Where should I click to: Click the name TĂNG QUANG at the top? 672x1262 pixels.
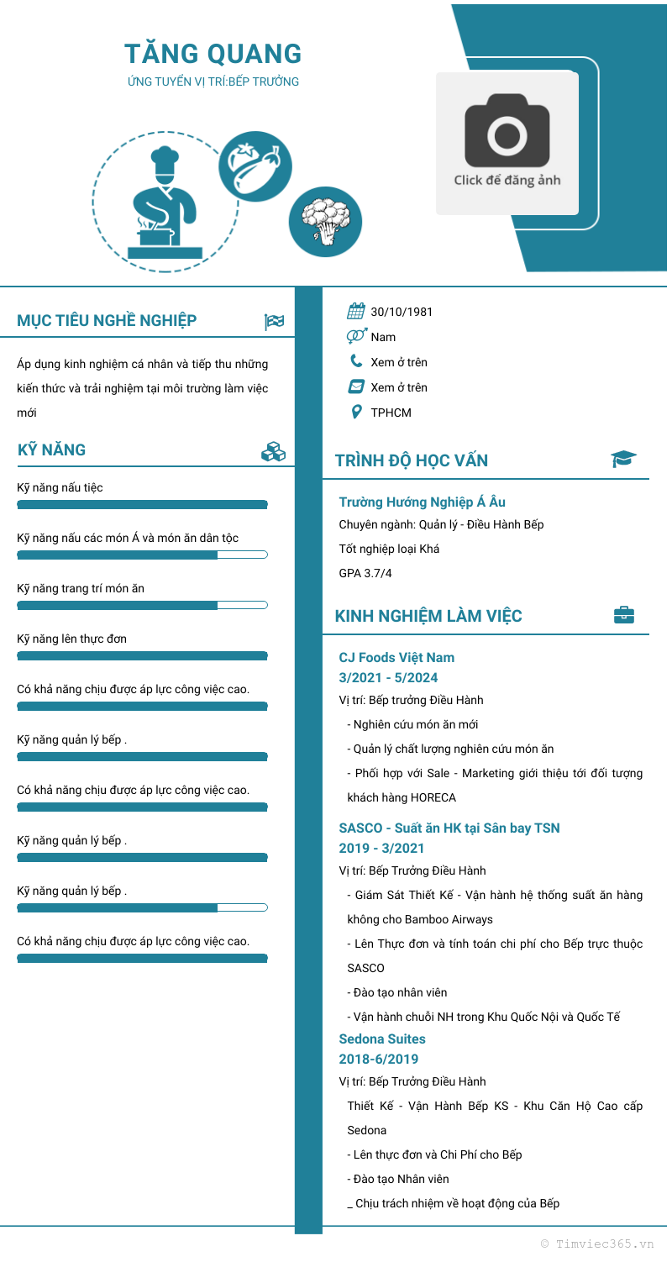(213, 54)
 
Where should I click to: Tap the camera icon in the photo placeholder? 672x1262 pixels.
(507, 130)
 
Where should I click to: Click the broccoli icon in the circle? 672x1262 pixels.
(325, 222)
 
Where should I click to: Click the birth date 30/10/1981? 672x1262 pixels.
(402, 312)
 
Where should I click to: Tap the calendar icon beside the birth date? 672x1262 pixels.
(356, 312)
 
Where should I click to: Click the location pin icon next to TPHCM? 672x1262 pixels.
(356, 412)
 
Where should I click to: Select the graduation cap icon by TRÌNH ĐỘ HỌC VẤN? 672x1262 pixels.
(623, 459)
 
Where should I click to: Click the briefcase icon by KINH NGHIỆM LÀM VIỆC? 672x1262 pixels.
(624, 615)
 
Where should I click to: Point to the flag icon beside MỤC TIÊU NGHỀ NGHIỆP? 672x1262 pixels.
(274, 321)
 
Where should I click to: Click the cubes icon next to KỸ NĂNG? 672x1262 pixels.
(273, 451)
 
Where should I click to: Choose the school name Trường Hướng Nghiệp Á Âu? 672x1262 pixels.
(422, 502)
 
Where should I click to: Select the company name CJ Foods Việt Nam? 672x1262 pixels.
(396, 657)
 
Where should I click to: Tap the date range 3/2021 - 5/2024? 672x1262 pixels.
(388, 678)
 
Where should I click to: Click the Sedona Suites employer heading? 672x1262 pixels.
(382, 1039)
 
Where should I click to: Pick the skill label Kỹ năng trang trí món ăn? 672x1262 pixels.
(81, 588)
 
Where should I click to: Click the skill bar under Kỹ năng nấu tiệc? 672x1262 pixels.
(142, 504)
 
